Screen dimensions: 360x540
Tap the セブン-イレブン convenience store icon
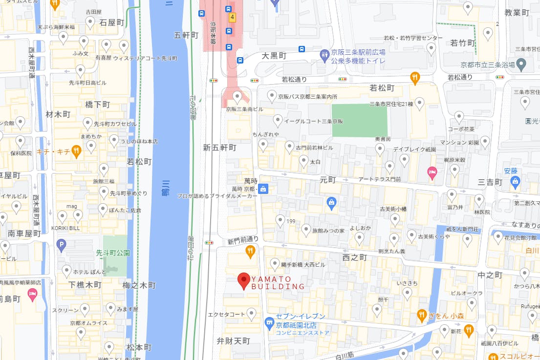click(269, 323)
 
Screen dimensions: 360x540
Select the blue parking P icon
click(61, 245)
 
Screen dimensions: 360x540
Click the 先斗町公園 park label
click(113, 253)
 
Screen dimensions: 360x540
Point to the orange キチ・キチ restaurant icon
click(76, 151)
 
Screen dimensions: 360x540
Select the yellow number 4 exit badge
click(232, 17)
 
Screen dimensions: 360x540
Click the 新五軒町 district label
click(219, 147)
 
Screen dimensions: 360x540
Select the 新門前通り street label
click(242, 239)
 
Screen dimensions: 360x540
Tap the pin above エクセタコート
click(252, 313)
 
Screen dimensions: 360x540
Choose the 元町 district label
click(328, 180)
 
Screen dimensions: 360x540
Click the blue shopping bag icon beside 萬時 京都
click(263, 189)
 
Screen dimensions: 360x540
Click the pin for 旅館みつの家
click(306, 229)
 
